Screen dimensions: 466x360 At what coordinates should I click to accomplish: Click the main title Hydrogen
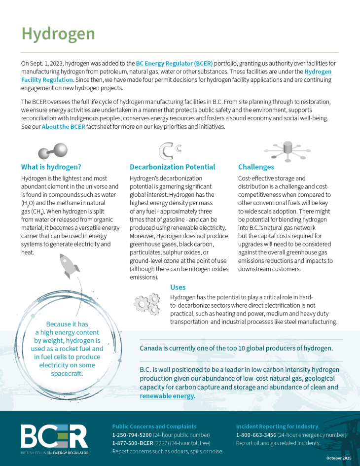[58, 34]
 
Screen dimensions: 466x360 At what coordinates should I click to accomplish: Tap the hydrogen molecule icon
[53, 150]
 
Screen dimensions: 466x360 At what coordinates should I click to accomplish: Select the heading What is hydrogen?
[51, 167]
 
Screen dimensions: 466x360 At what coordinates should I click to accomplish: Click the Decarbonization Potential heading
[172, 167]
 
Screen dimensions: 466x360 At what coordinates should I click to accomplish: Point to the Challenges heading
[256, 167]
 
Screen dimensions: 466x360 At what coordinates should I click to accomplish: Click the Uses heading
[178, 287]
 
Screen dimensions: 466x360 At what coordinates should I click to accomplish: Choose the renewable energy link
[167, 396]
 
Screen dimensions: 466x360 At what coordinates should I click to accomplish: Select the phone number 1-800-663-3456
[255, 434]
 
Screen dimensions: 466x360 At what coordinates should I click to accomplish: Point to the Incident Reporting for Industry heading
[277, 426]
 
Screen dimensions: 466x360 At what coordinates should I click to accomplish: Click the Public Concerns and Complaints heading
[154, 426]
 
